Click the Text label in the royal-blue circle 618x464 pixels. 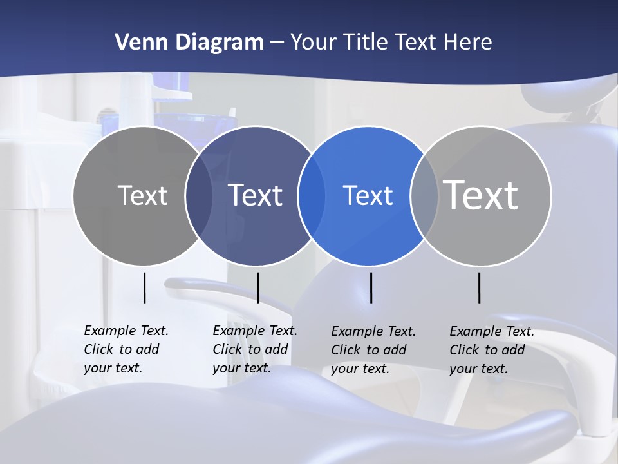368,195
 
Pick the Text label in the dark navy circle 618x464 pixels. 256,195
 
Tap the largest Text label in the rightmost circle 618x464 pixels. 481,195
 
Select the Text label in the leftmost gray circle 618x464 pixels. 143,195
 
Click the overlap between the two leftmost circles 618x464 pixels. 199,196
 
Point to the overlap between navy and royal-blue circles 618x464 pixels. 312,196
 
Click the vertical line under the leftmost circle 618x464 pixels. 145,287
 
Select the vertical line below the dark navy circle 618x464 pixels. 257,287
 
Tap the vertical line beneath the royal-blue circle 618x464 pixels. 371,287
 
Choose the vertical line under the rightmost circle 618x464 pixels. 480,287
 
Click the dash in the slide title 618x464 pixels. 277,43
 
